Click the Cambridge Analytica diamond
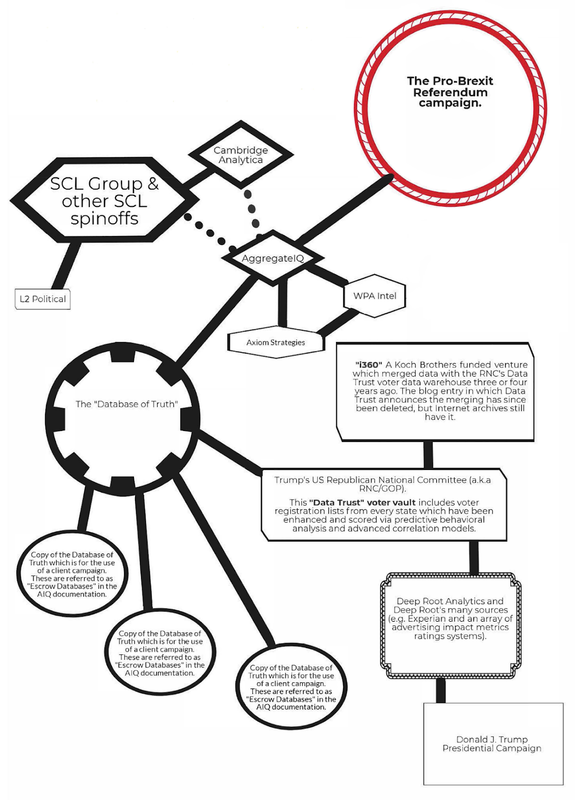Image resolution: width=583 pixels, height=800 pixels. [x=240, y=155]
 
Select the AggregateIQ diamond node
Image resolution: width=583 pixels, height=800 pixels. [x=272, y=258]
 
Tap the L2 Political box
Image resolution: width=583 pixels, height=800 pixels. [x=42, y=299]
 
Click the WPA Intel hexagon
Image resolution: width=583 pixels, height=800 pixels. [x=374, y=296]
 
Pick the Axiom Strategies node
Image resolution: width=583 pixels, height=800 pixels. [x=275, y=342]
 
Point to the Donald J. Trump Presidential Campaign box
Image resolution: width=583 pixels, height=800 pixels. [x=492, y=743]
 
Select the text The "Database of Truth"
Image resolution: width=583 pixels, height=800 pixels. [x=126, y=404]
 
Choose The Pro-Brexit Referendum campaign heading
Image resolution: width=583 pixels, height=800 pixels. [x=450, y=92]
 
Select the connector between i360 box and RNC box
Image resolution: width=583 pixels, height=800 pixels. [x=428, y=455]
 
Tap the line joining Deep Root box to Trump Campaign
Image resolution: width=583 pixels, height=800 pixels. [x=440, y=690]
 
